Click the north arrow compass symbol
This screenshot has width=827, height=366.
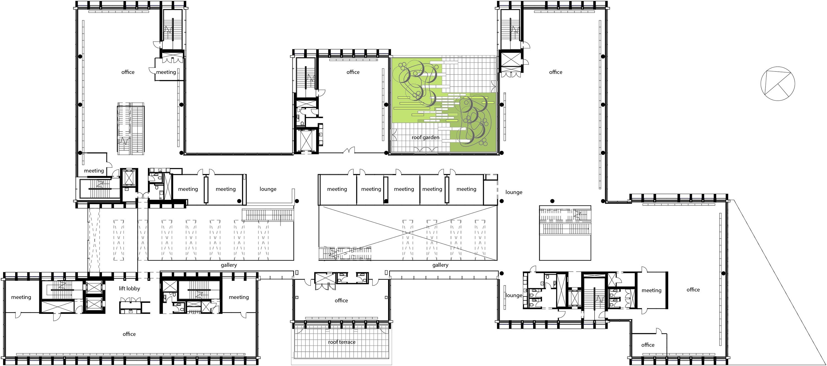click(778, 84)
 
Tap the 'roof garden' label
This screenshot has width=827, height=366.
click(425, 137)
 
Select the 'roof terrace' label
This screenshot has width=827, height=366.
click(342, 342)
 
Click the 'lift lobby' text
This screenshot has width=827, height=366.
click(129, 288)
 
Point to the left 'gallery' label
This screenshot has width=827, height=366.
click(229, 265)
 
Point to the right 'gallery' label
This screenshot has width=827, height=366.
click(440, 265)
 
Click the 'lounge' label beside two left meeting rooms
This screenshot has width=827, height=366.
click(268, 189)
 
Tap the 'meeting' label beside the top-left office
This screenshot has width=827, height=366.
click(166, 72)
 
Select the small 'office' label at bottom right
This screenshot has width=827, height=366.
click(648, 345)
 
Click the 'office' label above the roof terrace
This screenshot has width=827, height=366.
click(341, 300)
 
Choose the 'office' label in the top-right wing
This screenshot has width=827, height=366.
click(555, 72)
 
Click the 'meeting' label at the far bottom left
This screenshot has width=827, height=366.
click(21, 297)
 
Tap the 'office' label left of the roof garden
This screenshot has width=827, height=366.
click(353, 72)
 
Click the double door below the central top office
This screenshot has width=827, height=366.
click(349, 150)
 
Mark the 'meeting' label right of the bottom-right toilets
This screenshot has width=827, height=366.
click(651, 290)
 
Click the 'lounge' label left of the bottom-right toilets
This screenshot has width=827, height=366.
click(514, 295)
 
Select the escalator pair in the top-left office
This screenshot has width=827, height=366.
click(130, 129)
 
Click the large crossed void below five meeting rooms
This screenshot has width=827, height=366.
click(408, 233)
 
